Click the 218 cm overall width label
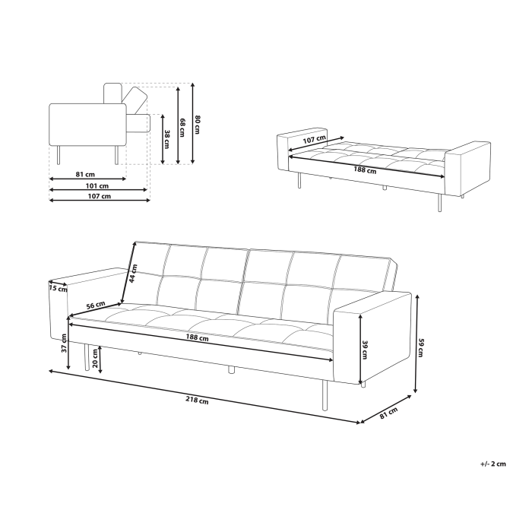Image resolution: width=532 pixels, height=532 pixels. coord(198,401)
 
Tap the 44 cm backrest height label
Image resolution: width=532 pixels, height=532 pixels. coord(135,272)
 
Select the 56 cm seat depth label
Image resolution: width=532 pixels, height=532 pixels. coord(95,305)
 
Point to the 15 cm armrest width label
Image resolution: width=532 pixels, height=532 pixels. coord(58,288)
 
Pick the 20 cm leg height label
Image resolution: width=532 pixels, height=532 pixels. coord(94,363)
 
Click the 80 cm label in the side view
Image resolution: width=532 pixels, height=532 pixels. coord(198,124)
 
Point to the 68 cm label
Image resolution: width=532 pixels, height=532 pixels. coord(182,127)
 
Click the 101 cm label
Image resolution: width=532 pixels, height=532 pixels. coord(96,185)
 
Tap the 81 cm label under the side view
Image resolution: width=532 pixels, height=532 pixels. coord(85,174)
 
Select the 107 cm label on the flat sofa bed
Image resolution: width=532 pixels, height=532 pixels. coord(314,139)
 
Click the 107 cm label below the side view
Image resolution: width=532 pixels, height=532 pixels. coord(99,196)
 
